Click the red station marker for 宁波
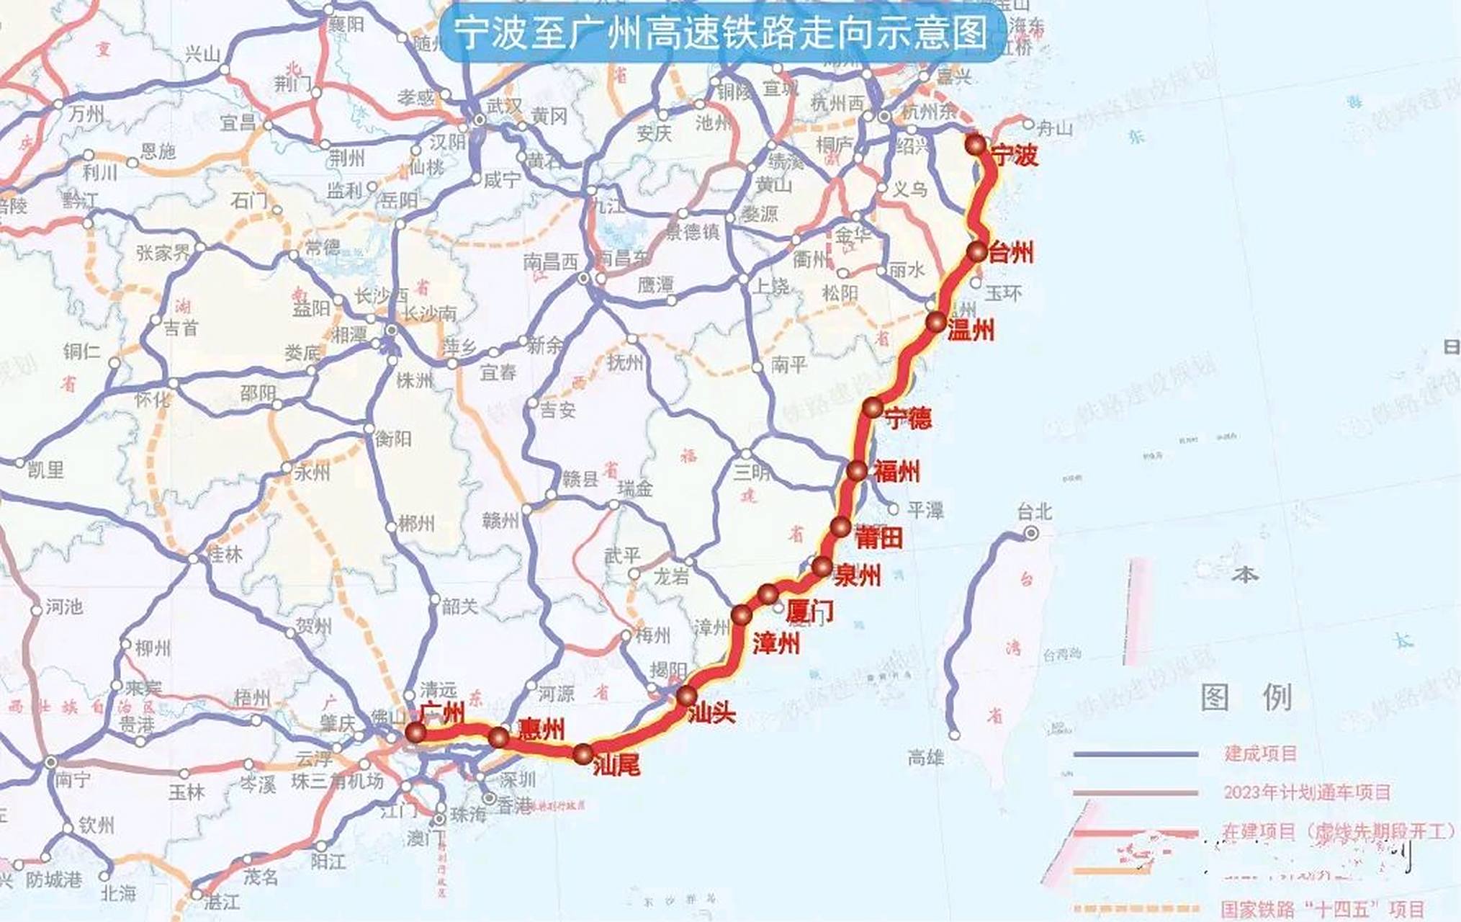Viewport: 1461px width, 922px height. pyautogui.click(x=976, y=145)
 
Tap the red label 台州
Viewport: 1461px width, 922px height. pyautogui.click(x=1011, y=252)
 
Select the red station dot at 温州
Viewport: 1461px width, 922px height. pyautogui.click(x=936, y=322)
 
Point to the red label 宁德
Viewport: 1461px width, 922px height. pyautogui.click(x=908, y=418)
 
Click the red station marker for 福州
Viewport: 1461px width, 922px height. pyautogui.click(x=856, y=471)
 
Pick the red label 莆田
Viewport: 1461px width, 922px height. pyautogui.click(x=878, y=537)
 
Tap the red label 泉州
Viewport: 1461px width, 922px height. pyautogui.click(x=857, y=576)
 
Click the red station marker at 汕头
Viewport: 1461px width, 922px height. pyautogui.click(x=686, y=696)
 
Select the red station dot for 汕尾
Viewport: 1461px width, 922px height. pyautogui.click(x=583, y=754)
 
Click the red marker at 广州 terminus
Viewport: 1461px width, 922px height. pyautogui.click(x=415, y=733)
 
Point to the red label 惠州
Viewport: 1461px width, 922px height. pyautogui.click(x=541, y=730)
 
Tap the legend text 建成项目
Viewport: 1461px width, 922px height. pyautogui.click(x=1260, y=754)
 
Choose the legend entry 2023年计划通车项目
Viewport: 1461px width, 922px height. pyautogui.click(x=1307, y=792)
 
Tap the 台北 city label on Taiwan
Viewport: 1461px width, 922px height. pyautogui.click(x=1034, y=512)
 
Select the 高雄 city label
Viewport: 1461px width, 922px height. pyautogui.click(x=926, y=757)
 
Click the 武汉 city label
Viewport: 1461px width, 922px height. pyautogui.click(x=504, y=106)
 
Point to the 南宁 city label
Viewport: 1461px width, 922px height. pyautogui.click(x=72, y=780)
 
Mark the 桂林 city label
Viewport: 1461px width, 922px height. pyautogui.click(x=225, y=555)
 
